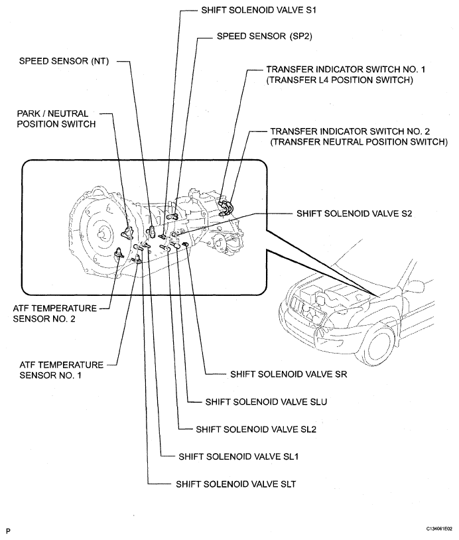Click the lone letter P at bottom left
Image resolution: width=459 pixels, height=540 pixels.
coord(8,531)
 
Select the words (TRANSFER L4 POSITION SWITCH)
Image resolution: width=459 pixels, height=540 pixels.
coord(340,81)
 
